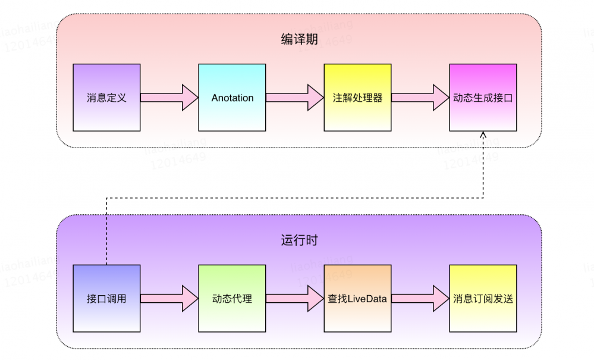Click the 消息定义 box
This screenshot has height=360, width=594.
[106, 98]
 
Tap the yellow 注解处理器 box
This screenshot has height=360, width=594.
[357, 98]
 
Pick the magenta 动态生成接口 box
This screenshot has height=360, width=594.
[483, 98]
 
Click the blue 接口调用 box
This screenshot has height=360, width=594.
[106, 298]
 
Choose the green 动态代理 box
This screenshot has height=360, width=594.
[232, 298]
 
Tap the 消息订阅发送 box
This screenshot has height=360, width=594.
[483, 298]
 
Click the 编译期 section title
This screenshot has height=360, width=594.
[299, 40]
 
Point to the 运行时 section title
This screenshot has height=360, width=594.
[299, 240]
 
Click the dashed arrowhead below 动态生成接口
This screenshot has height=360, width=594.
[483, 136]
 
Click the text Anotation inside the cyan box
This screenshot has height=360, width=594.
[232, 98]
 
